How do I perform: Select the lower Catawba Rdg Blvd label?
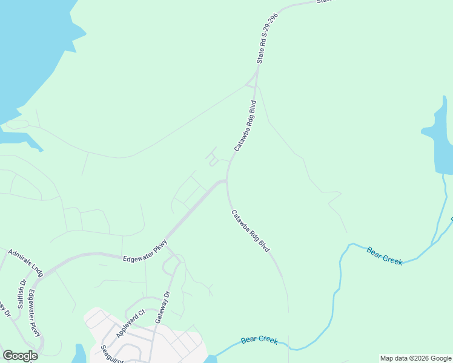tap(250, 231)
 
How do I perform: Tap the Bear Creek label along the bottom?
tap(259, 341)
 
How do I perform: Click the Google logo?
tap(20, 356)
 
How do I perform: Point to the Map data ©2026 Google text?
tap(416, 358)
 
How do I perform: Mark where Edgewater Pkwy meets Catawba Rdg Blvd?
tap(226, 180)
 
